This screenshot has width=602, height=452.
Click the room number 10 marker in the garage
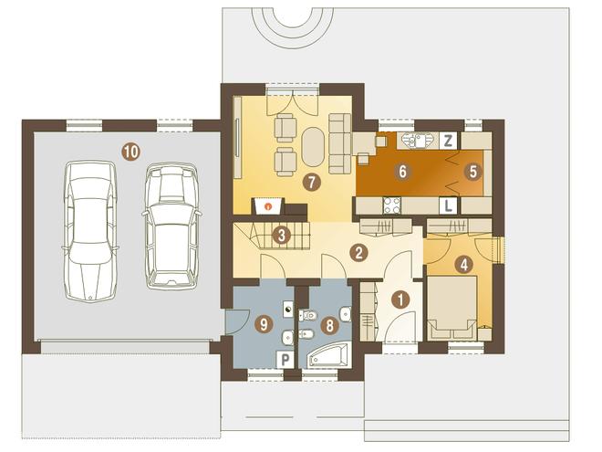130,152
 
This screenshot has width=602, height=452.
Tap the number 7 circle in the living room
311,183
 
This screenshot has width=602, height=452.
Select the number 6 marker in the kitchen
402,171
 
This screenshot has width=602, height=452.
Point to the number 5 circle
472,172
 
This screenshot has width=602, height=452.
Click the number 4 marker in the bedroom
463,265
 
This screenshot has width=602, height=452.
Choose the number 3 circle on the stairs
282,236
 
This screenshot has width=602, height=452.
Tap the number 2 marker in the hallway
359,253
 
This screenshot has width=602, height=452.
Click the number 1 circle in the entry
401,300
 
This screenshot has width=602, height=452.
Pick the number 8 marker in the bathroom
329,326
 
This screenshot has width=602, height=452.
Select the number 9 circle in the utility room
264,325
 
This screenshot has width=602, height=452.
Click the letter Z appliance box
448,141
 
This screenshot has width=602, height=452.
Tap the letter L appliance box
448,205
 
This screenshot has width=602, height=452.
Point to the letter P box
285,360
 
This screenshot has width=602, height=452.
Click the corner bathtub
329,356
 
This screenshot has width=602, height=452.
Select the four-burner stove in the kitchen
392,205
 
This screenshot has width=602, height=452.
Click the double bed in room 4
452,308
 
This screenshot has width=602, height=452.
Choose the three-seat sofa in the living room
340,143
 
